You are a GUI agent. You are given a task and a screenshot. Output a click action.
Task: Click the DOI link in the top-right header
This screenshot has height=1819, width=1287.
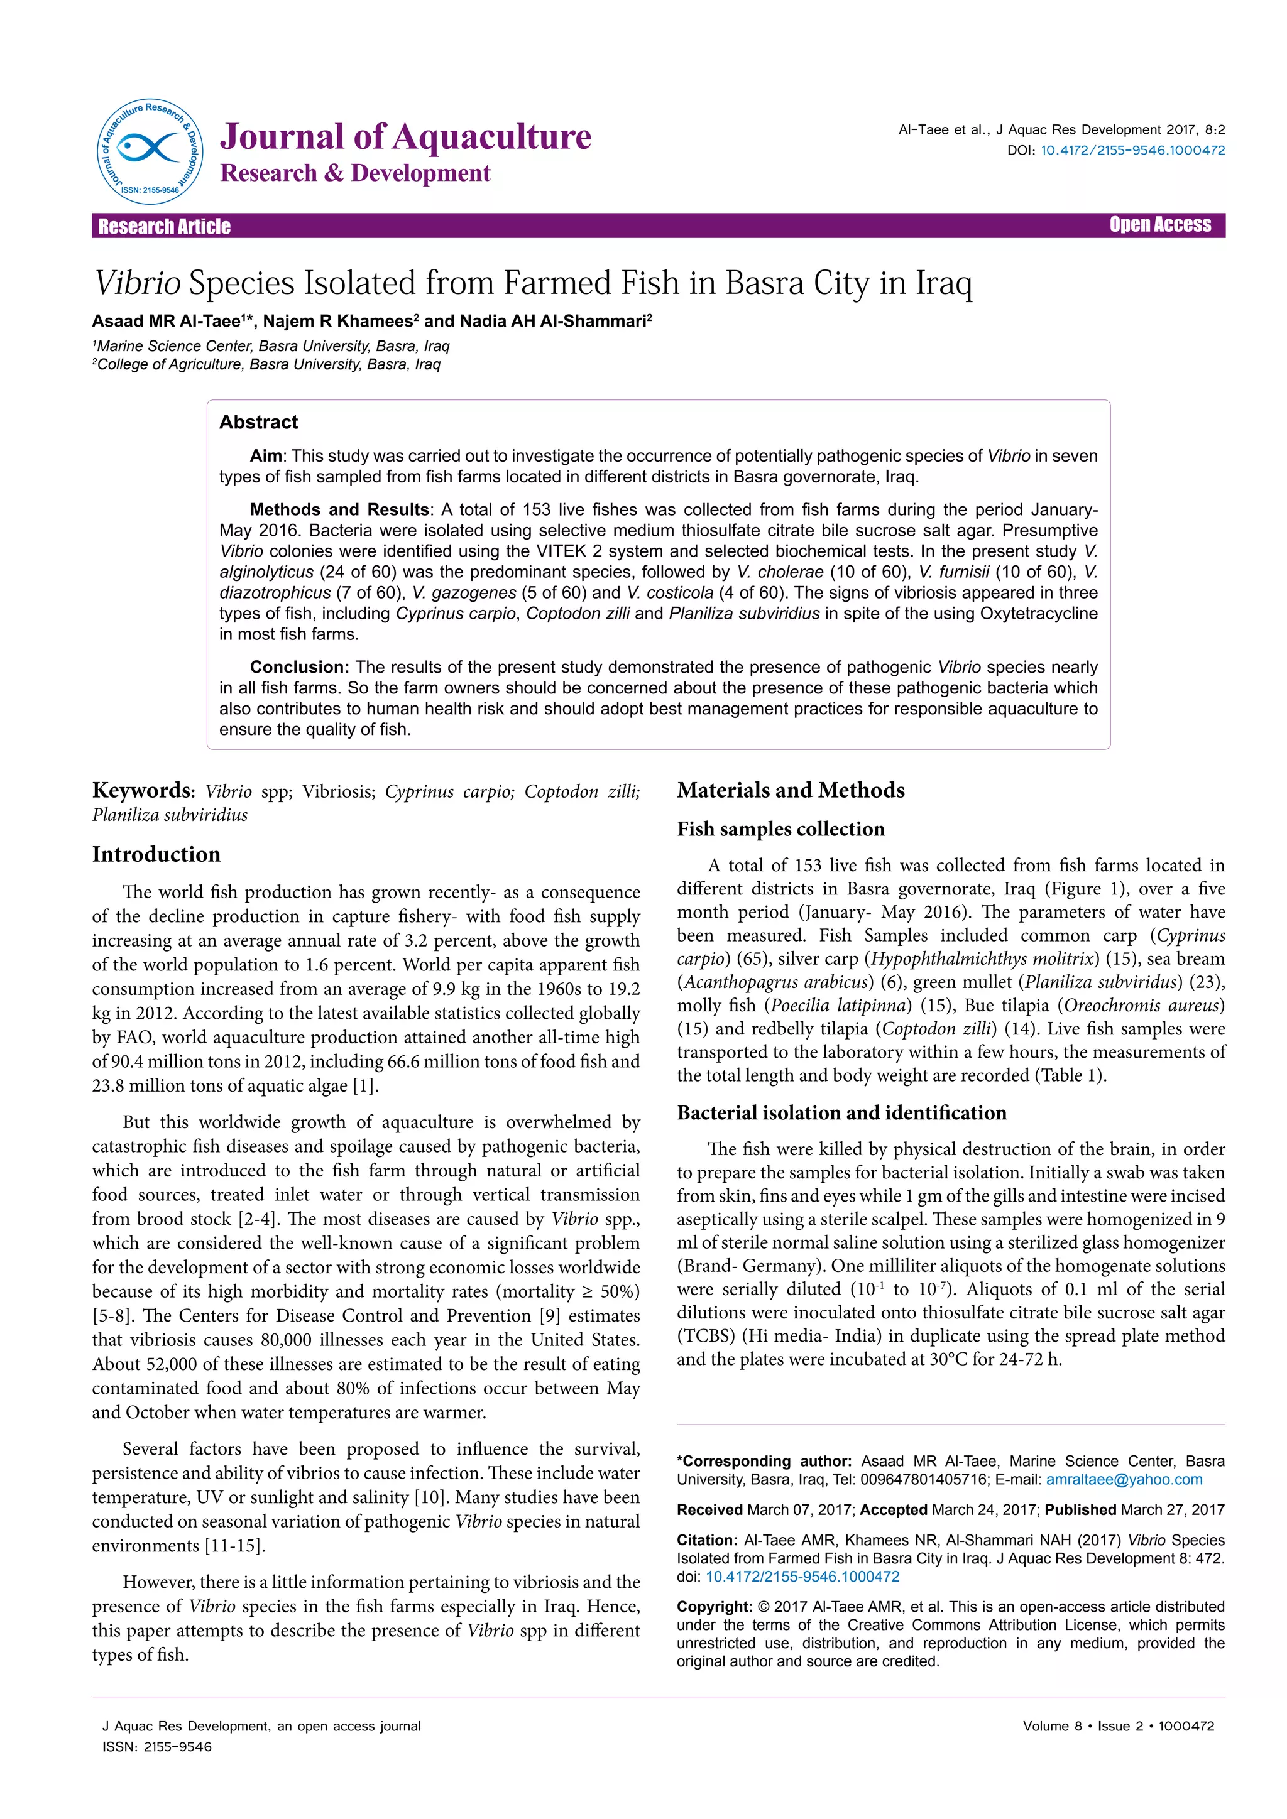click(x=1132, y=151)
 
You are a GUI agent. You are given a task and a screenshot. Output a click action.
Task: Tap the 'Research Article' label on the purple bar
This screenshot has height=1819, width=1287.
click(x=164, y=227)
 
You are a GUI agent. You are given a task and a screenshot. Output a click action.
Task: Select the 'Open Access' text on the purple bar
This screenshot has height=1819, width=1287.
click(x=1159, y=225)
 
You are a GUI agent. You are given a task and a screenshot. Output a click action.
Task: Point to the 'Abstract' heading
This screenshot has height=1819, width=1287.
click(x=258, y=422)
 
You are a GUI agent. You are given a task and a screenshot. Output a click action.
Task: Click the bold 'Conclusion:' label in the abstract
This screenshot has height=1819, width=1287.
click(x=300, y=667)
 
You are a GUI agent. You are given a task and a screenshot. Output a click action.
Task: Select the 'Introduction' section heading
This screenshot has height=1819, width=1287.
click(x=156, y=854)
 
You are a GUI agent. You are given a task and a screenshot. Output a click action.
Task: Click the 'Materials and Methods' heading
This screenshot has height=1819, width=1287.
click(x=790, y=790)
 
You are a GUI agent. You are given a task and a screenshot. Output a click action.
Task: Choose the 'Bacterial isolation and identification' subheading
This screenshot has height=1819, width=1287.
click(x=841, y=1112)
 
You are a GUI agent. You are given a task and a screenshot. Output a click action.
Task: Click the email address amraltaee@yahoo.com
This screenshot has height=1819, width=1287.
click(x=1124, y=1479)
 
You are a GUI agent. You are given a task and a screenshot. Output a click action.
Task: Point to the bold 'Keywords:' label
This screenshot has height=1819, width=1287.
click(x=143, y=791)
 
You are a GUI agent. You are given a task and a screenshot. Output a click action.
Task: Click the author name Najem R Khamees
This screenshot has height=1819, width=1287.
click(x=337, y=321)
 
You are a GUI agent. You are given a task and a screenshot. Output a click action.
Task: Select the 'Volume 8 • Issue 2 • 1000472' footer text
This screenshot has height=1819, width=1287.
click(x=1118, y=1726)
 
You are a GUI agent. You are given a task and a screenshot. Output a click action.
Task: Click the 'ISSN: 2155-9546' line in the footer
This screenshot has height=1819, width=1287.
click(x=157, y=1747)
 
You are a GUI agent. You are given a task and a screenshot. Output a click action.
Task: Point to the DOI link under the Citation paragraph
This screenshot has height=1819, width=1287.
click(x=802, y=1577)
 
